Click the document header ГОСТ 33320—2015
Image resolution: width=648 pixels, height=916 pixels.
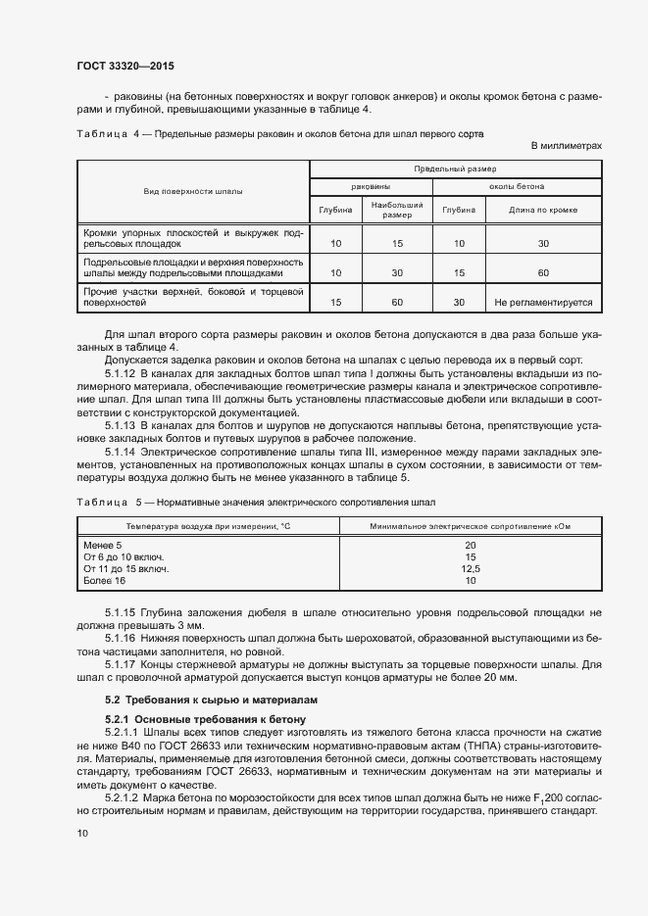tap(125, 66)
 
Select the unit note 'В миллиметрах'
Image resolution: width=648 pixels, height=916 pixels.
tap(566, 146)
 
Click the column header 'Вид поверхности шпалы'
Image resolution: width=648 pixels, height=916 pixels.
tap(193, 192)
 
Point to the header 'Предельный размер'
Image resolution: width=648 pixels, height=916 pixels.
tap(456, 169)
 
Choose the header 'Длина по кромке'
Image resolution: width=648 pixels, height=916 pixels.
tap(543, 210)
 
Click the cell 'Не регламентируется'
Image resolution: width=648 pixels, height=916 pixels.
tap(543, 303)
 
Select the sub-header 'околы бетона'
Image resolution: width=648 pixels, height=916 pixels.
tap(517, 186)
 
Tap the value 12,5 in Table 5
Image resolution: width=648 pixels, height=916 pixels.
tap(471, 568)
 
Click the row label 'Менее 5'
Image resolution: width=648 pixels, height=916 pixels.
tap(103, 545)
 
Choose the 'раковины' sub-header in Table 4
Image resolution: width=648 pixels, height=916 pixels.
tap(371, 186)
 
